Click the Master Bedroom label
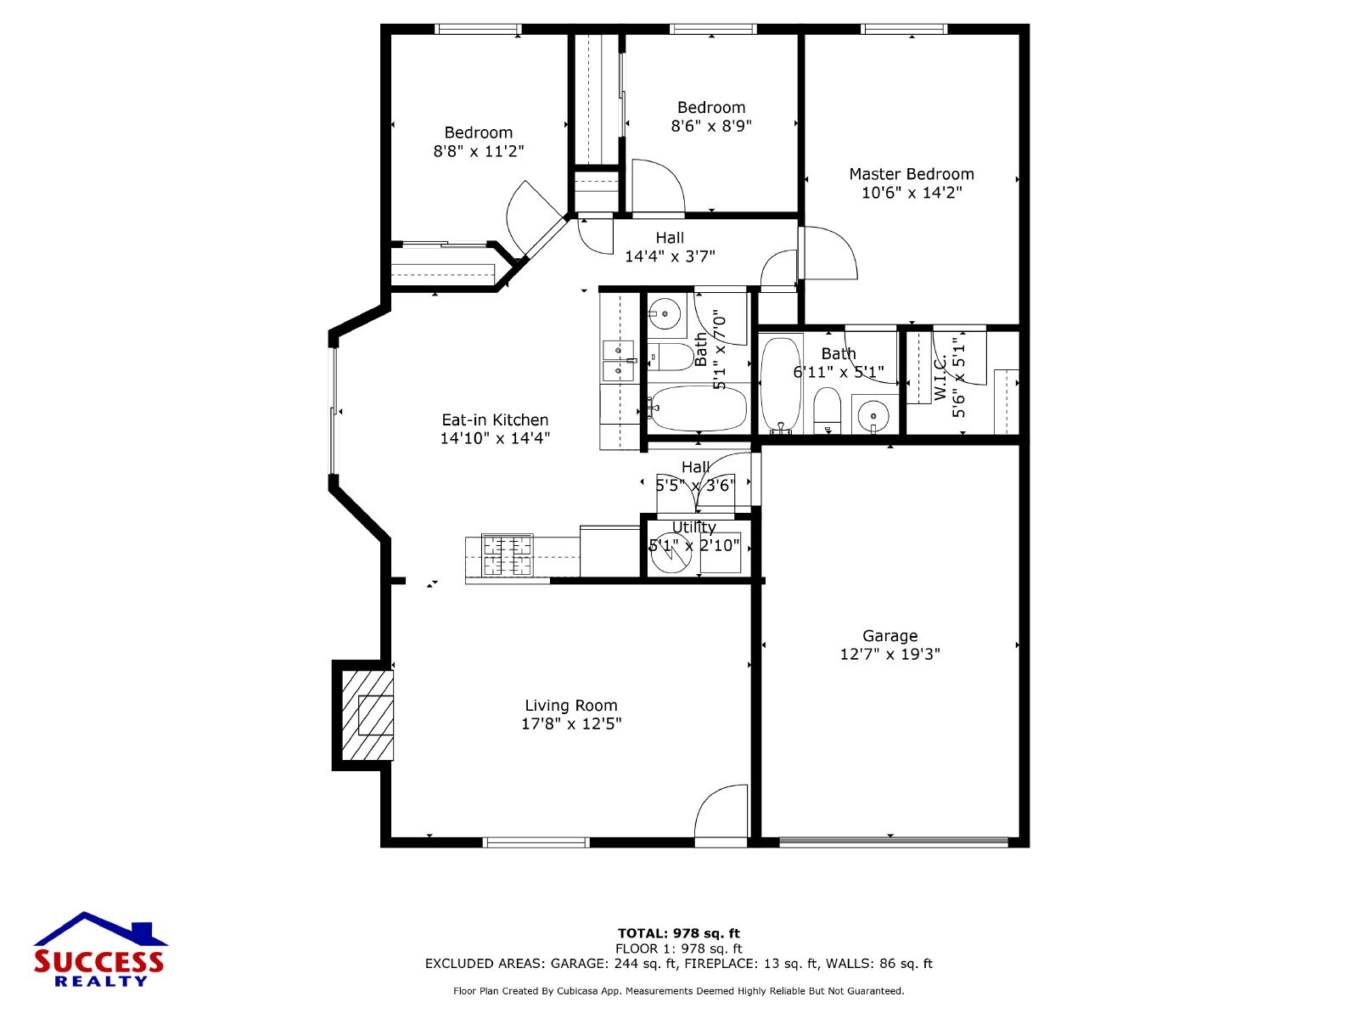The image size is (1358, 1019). pos(912,174)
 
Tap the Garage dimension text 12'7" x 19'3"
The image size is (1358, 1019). pos(889,654)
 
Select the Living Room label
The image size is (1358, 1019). pos(571,706)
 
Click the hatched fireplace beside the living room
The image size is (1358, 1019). pos(368,715)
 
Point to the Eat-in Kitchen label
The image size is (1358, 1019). pos(495,420)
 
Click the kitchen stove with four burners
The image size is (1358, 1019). pos(508,555)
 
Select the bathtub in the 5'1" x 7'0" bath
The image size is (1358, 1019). pos(698,408)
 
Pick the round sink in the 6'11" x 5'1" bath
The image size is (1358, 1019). pos(874,414)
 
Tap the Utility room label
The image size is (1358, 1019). pos(694,527)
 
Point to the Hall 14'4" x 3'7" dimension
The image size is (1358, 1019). pos(670,256)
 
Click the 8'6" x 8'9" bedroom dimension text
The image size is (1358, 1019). pos(711,126)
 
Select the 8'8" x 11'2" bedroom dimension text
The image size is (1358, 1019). pos(478,151)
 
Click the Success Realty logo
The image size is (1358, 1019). pos(99,949)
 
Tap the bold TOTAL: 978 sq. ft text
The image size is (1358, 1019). pos(679,933)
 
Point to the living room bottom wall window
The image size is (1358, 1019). pos(536,842)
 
